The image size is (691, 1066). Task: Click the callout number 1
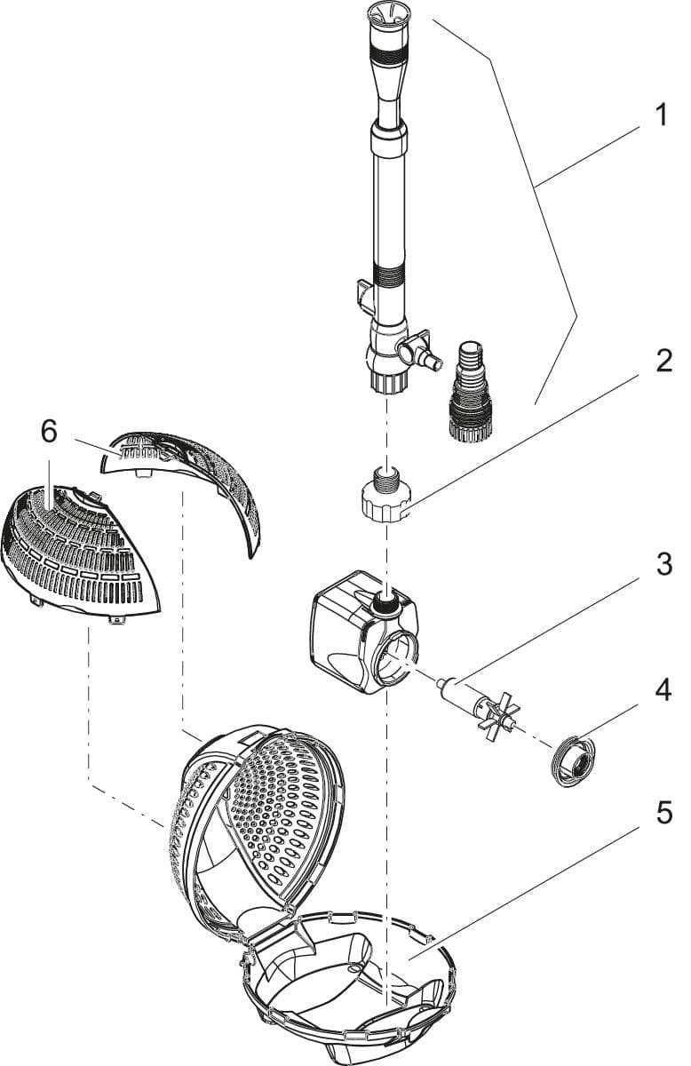pos(659,115)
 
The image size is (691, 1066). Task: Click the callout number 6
pos(49,432)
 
